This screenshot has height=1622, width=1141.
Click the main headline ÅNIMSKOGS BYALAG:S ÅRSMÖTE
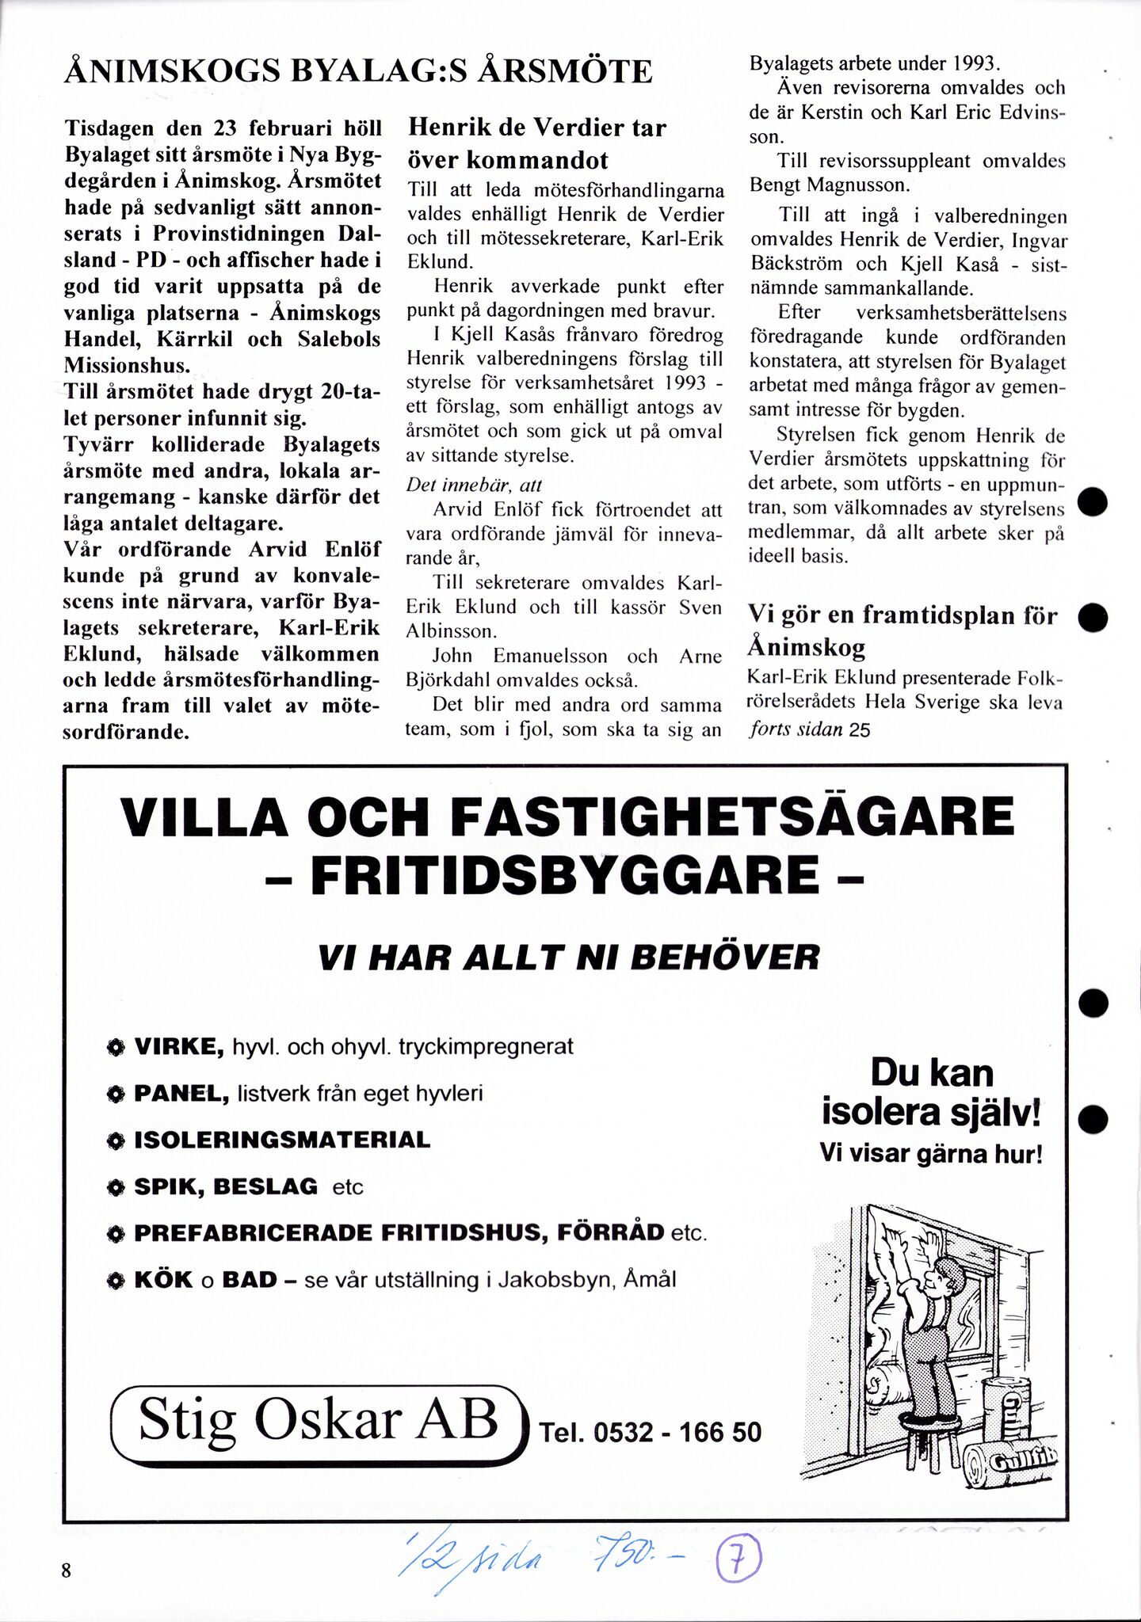pos(358,72)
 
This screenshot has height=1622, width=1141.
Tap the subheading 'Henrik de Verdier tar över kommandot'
pos(536,143)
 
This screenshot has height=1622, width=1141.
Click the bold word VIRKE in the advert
pos(179,1046)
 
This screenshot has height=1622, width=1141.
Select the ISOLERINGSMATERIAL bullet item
pos(282,1140)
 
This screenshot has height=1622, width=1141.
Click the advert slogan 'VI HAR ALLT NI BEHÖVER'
pos(568,958)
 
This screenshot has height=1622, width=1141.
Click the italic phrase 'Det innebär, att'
pos(474,485)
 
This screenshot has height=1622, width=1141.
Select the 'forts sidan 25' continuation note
pos(809,729)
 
